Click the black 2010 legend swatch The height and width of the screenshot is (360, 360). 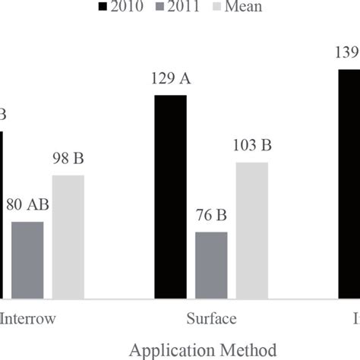point(103,7)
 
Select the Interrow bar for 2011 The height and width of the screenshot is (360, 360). point(27,260)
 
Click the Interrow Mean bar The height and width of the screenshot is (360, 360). point(68,237)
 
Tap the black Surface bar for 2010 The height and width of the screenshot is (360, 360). point(169,197)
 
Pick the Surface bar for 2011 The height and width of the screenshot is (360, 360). point(211,265)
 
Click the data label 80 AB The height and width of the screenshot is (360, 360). point(28,207)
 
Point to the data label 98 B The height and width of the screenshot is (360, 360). point(68,161)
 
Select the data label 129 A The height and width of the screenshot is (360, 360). point(170,81)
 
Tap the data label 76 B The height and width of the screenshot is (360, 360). point(211,218)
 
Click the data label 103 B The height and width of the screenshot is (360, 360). point(252,147)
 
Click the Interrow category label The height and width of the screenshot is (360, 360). point(30,317)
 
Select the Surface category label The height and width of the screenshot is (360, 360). point(210,317)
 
